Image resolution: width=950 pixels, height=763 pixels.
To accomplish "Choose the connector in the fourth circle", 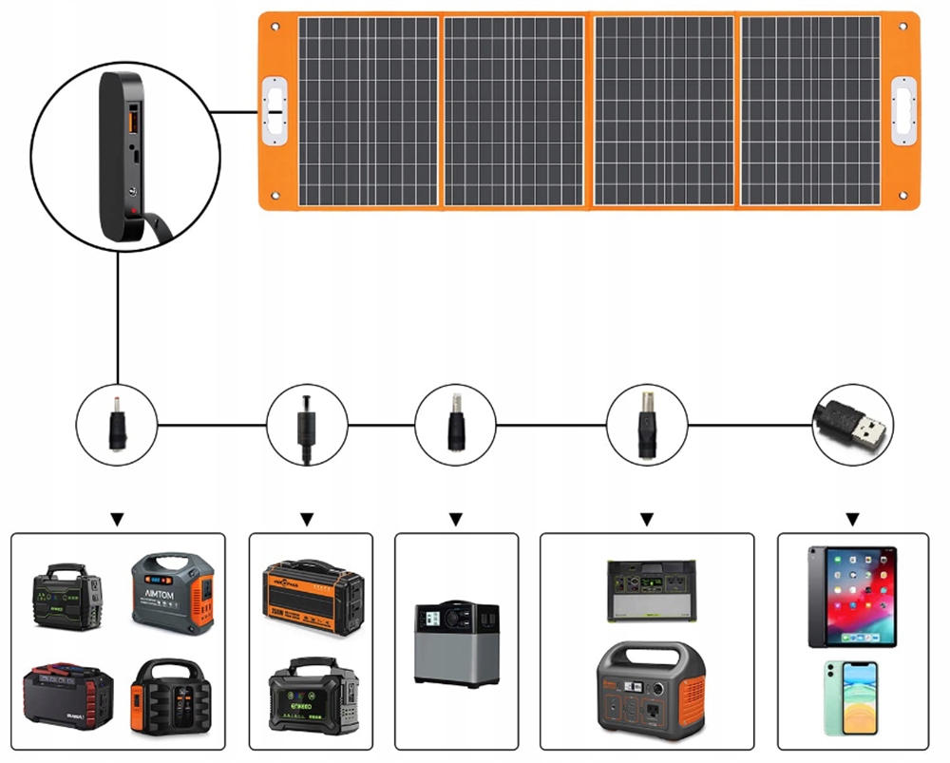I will click(646, 422).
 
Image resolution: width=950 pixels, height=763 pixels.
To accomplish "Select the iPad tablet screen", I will click(851, 596).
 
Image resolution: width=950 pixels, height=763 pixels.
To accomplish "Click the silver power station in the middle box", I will click(455, 642).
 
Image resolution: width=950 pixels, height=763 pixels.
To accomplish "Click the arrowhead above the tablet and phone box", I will click(853, 519).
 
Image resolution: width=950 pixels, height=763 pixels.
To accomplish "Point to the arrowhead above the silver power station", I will click(455, 519).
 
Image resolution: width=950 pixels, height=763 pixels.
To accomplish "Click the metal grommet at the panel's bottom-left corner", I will click(275, 197).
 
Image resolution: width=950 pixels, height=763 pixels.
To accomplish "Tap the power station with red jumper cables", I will click(67, 697).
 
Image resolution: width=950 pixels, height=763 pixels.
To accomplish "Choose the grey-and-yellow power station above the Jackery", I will click(648, 589).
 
